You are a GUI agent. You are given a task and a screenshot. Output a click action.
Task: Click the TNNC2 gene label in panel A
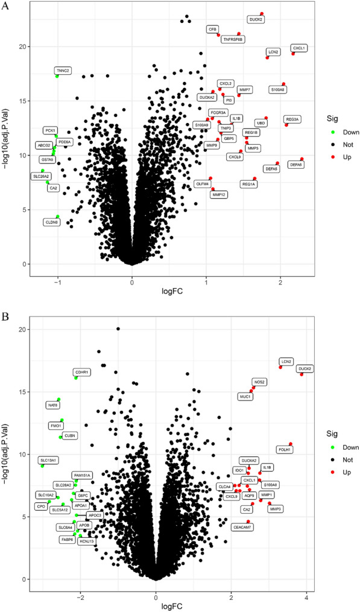(63, 71)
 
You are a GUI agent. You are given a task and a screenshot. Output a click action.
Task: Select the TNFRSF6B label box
(232, 39)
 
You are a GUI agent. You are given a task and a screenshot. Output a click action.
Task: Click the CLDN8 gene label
(52, 222)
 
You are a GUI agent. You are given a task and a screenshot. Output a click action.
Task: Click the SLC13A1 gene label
(48, 460)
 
